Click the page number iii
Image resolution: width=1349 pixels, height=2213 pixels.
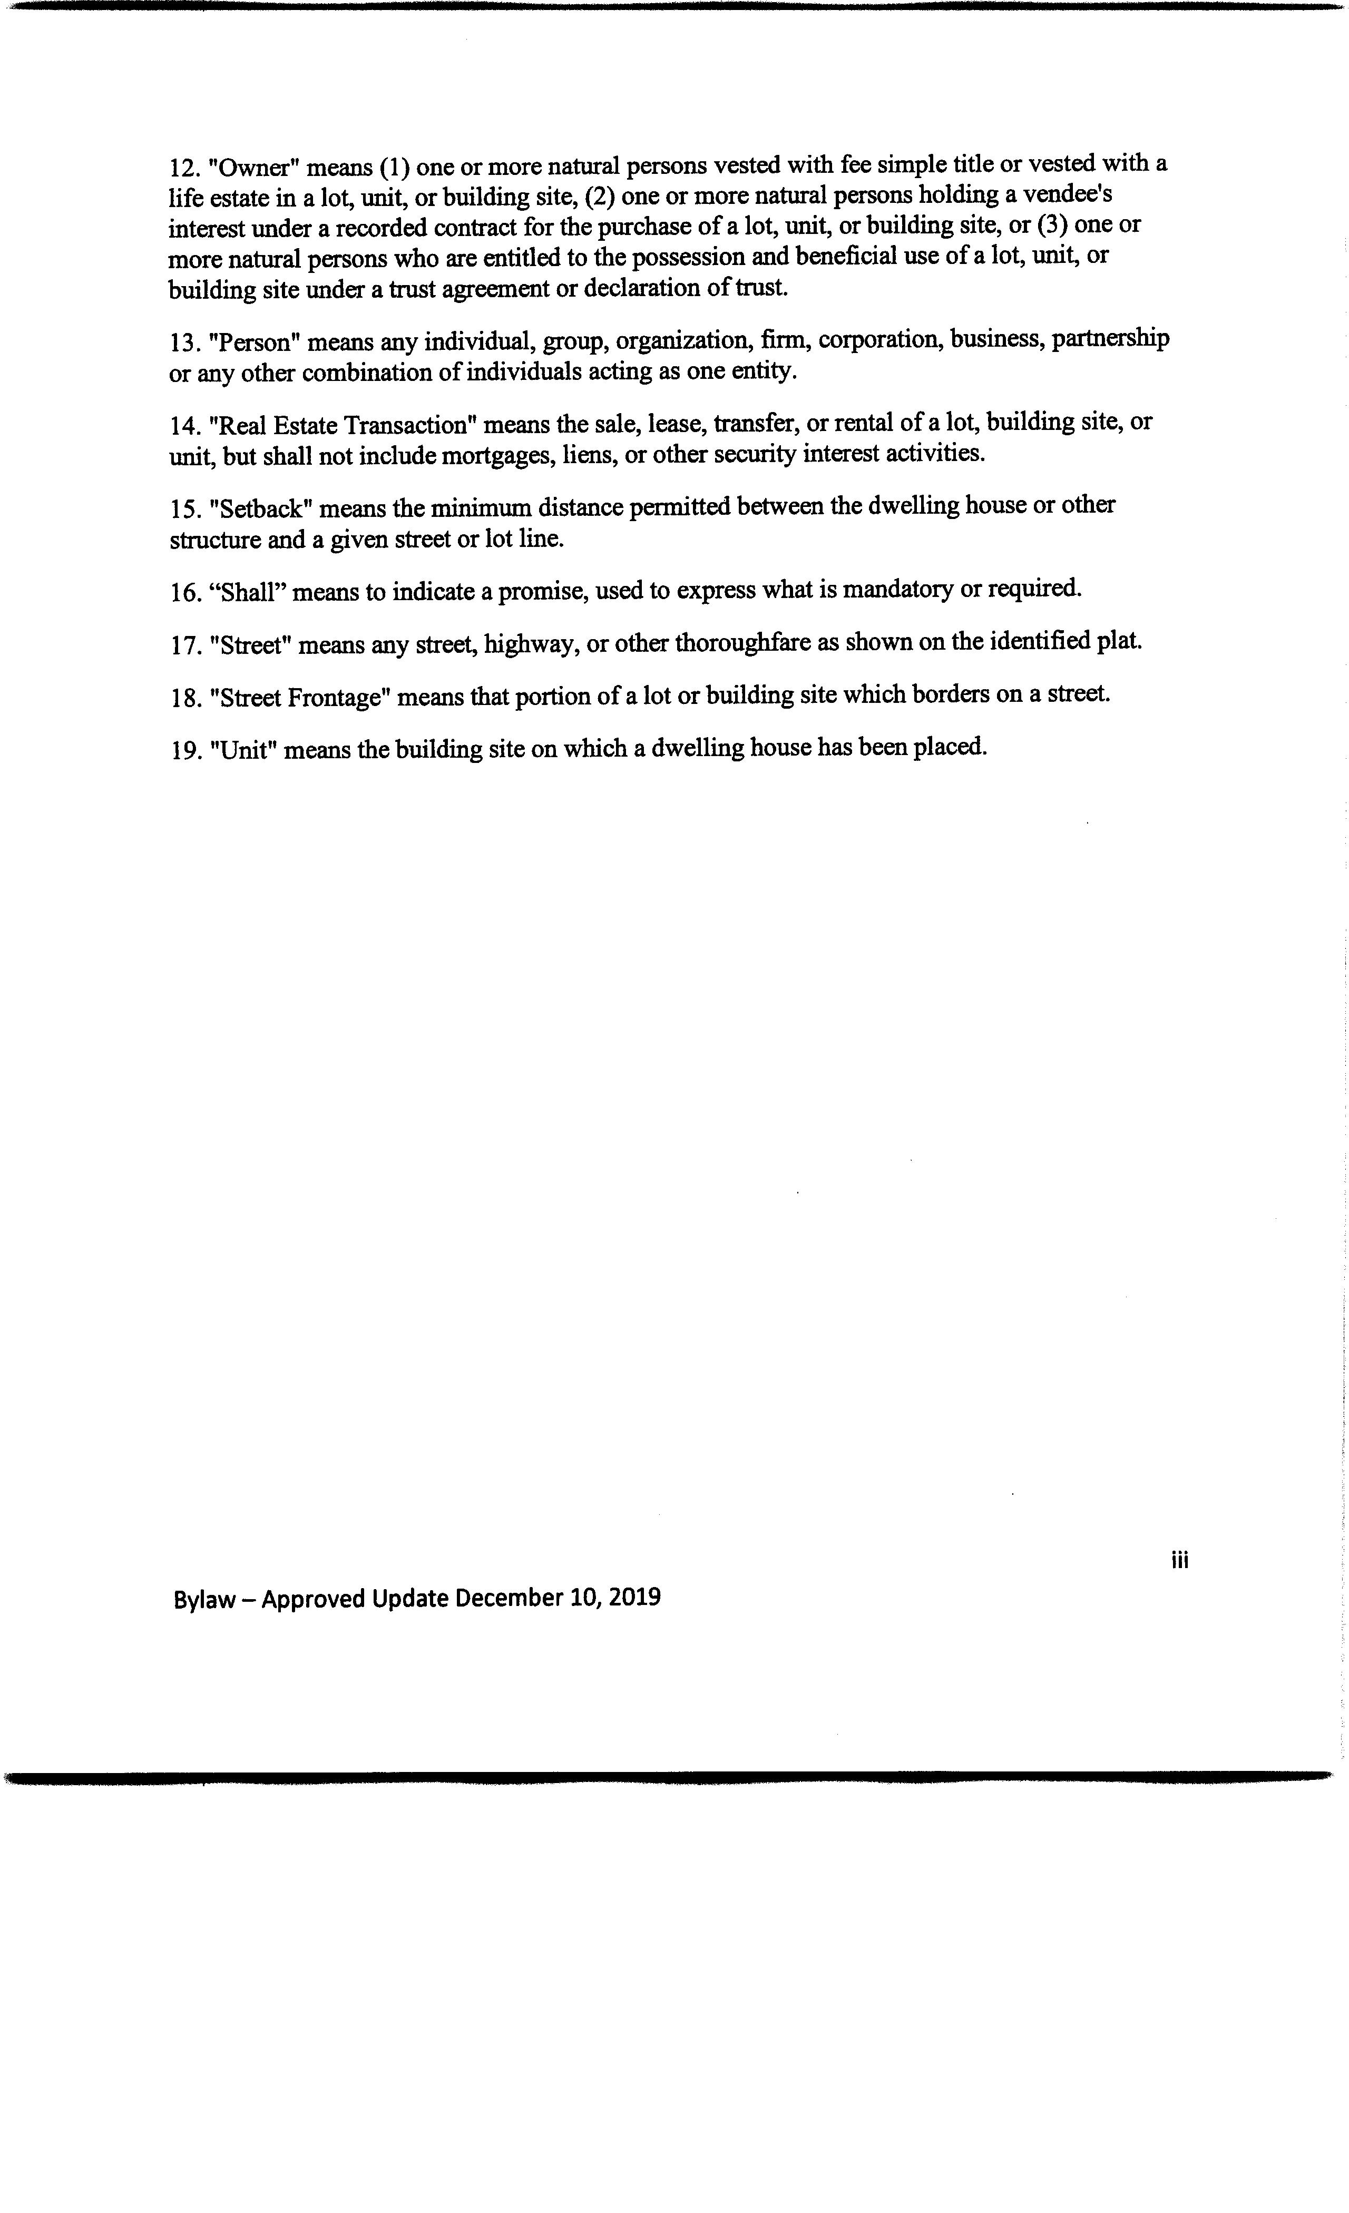pos(1179,1560)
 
